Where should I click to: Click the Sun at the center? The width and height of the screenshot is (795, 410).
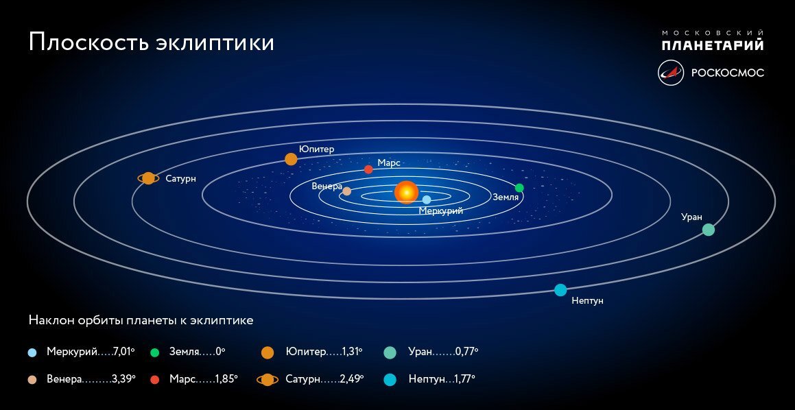(x=406, y=193)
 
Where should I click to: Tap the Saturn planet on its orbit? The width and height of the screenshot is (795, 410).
(x=148, y=178)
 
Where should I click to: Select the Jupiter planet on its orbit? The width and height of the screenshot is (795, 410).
(x=291, y=159)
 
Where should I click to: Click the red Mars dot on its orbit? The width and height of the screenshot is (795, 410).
(x=368, y=169)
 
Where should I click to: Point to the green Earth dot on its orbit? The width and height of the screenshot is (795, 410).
(x=519, y=188)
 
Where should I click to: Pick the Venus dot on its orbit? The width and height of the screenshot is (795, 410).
(x=347, y=191)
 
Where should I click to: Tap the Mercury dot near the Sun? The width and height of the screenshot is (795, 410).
(x=427, y=200)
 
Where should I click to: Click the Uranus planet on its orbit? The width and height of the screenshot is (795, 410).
(x=709, y=230)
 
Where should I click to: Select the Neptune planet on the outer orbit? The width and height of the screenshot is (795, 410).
(x=560, y=290)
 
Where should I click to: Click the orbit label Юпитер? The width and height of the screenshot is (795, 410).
(x=316, y=149)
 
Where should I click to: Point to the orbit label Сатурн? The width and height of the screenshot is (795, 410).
(x=181, y=179)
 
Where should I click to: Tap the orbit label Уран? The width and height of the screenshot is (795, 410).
(x=691, y=217)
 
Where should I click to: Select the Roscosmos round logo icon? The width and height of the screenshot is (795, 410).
(x=671, y=73)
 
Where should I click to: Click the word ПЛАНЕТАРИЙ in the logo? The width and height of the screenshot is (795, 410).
(x=712, y=46)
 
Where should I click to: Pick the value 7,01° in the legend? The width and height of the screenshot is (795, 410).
(x=123, y=352)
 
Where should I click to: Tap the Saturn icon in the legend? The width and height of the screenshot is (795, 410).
(x=268, y=379)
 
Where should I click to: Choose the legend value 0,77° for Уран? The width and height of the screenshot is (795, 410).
(x=466, y=352)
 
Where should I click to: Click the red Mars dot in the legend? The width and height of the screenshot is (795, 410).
(x=155, y=379)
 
